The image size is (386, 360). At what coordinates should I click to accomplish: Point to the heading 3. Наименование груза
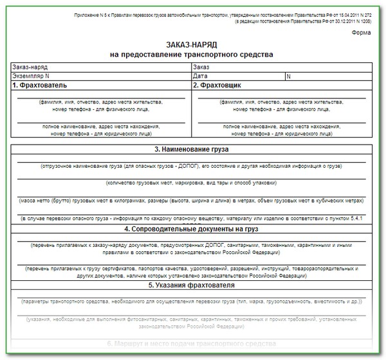[x=192, y=149]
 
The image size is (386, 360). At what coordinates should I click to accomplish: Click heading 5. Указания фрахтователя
[x=192, y=285]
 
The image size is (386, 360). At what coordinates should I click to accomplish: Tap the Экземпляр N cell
[x=32, y=75]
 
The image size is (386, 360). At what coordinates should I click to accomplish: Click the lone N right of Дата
[x=289, y=75]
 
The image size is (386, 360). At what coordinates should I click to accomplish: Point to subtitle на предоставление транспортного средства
[x=192, y=55]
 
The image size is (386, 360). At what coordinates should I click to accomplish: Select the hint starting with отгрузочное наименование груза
[x=192, y=166]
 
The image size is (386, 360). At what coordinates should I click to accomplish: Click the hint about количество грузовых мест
[x=192, y=183]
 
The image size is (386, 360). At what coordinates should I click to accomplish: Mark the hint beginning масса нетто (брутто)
[x=192, y=201]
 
